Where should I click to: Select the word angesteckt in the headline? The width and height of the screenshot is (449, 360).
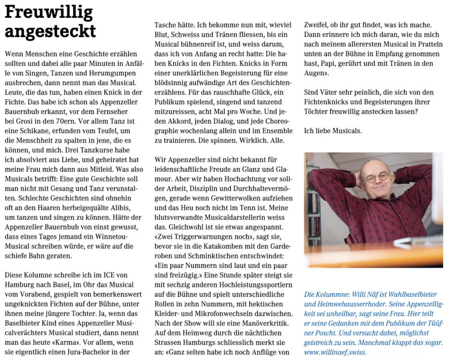(50, 31)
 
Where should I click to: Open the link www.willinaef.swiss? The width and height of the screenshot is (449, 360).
(336, 352)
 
